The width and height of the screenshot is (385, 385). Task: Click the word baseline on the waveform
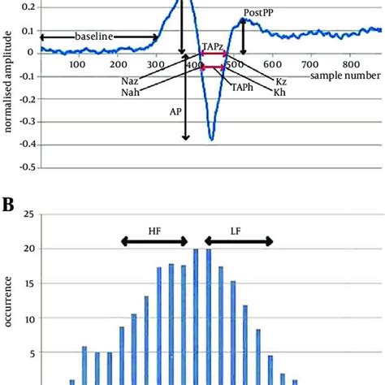point(93,37)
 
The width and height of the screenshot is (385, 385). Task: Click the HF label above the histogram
point(154,230)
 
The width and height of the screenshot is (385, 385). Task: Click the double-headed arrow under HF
point(154,241)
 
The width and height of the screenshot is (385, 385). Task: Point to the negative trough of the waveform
point(211,139)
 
